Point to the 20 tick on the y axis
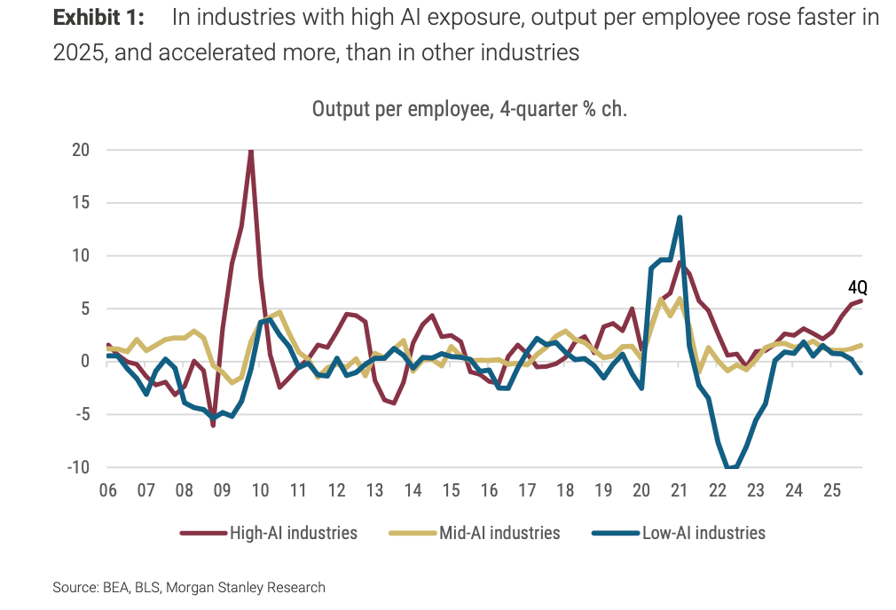point(81,150)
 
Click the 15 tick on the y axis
point(81,202)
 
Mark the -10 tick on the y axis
point(78,467)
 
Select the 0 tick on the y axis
point(84,362)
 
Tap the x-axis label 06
point(108,490)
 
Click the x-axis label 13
point(374,490)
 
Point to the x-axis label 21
point(680,490)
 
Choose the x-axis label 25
point(831,490)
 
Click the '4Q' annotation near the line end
point(857,287)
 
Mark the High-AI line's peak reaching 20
point(251,151)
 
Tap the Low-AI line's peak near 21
point(680,217)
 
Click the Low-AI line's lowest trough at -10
point(730,467)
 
